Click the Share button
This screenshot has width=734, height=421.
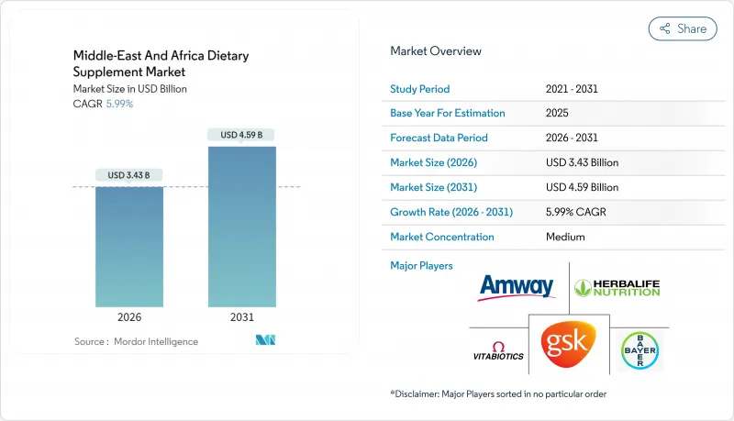point(683,28)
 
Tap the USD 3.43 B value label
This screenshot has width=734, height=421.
point(129,175)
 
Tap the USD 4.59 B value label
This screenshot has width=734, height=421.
point(242,135)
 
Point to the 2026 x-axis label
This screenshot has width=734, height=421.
point(129,316)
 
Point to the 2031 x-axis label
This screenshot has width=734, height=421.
point(242,316)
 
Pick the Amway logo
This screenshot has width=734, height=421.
point(517,287)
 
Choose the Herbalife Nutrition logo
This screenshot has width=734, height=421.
point(617,287)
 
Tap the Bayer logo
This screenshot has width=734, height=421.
point(639,350)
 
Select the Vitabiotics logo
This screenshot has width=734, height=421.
point(498,351)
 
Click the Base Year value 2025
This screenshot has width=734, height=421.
point(558,114)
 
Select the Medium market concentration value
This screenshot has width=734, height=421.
point(566,237)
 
